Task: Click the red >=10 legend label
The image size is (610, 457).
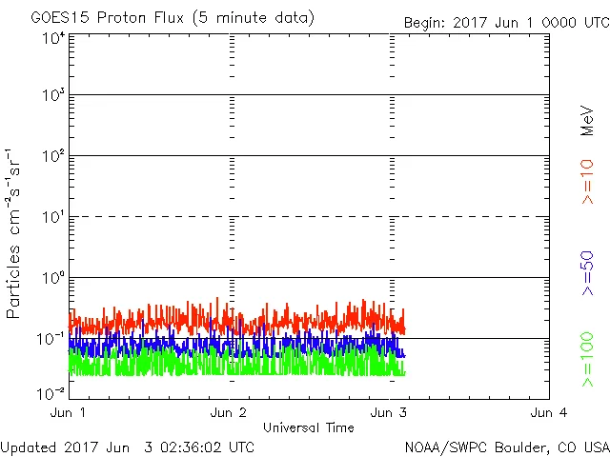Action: pyautogui.click(x=588, y=181)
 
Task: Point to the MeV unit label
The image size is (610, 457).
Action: pyautogui.click(x=588, y=119)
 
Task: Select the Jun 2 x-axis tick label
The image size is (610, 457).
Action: pyautogui.click(x=229, y=412)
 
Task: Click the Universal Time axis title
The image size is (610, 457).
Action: pyautogui.click(x=309, y=427)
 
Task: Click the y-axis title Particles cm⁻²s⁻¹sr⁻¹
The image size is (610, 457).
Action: pyautogui.click(x=14, y=233)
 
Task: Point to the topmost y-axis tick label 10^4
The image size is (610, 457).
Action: pyautogui.click(x=52, y=38)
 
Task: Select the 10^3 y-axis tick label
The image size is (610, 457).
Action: pyautogui.click(x=52, y=96)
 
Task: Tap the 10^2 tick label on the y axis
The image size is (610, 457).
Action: pyautogui.click(x=52, y=157)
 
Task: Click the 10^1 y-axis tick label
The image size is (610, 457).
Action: pyautogui.click(x=52, y=218)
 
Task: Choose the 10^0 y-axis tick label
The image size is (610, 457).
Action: pyautogui.click(x=52, y=279)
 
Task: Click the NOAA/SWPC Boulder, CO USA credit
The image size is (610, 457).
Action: pyautogui.click(x=506, y=447)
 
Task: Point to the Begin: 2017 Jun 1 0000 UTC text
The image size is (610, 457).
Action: pyautogui.click(x=505, y=22)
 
